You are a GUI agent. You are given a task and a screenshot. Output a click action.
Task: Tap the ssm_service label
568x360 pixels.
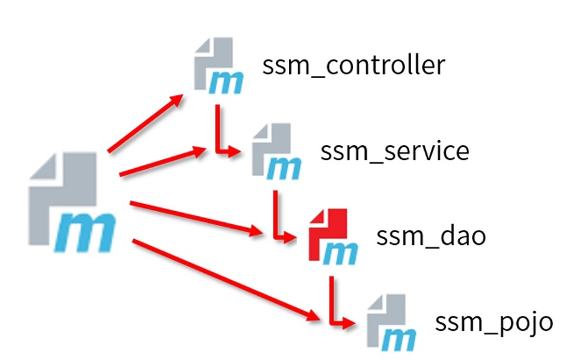click(395, 151)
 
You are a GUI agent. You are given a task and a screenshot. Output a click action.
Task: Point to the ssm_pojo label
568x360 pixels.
click(494, 323)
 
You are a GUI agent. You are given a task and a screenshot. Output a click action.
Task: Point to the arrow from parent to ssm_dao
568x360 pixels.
click(196, 217)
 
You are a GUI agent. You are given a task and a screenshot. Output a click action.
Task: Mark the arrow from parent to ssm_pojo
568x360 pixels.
click(224, 277)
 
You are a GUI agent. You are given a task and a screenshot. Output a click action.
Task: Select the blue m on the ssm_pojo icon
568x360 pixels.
click(399, 337)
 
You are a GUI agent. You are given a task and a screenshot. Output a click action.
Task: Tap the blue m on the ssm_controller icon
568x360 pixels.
click(225, 80)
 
